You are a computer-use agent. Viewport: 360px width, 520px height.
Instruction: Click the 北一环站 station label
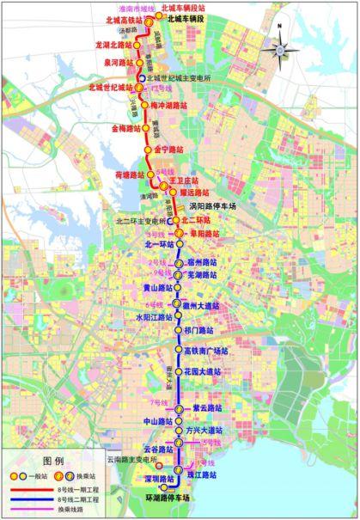coord(148,244)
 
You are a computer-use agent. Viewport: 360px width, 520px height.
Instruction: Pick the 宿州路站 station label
coord(203,260)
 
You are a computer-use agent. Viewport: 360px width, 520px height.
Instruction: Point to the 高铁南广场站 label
coord(209,351)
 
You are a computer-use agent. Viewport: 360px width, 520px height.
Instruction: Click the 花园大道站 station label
coord(203,372)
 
